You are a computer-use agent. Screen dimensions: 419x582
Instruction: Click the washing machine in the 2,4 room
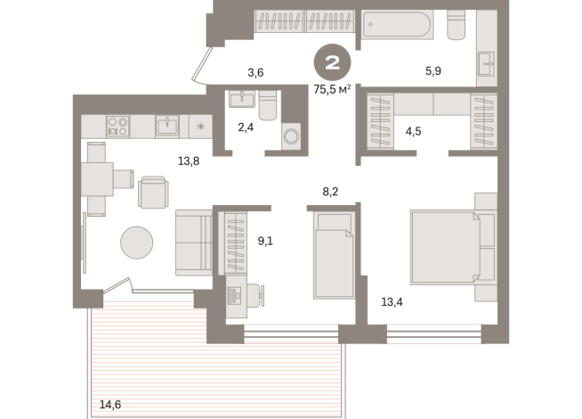292,137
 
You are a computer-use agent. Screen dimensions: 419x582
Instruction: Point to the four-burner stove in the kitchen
118,126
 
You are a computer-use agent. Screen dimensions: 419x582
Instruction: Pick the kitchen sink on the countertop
168,126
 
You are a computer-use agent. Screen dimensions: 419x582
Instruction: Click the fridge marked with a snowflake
200,127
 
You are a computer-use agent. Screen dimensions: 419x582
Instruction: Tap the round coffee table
138,242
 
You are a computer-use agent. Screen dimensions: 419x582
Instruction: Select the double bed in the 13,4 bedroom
449,245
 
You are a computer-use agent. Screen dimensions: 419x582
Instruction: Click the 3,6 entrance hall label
255,72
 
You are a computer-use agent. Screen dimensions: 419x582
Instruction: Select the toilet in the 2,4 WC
268,106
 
